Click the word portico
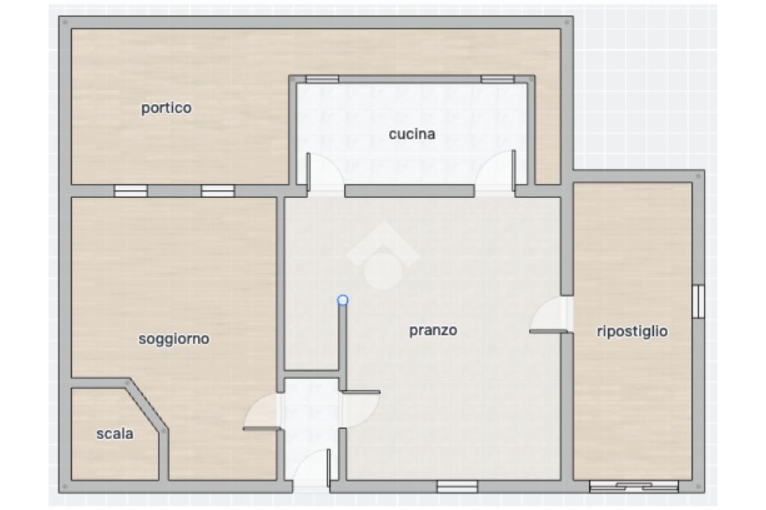(x=166, y=108)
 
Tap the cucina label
(x=412, y=134)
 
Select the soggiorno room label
(x=174, y=339)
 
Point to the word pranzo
(x=433, y=331)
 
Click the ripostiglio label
(x=632, y=331)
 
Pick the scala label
(x=114, y=433)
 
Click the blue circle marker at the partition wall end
(x=343, y=300)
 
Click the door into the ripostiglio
(x=549, y=315)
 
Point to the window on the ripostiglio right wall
(x=699, y=301)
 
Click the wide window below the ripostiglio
(x=634, y=486)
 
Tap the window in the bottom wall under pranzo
(x=457, y=486)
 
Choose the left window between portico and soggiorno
(x=130, y=191)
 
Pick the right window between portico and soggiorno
(x=218, y=191)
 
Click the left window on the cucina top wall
(x=322, y=79)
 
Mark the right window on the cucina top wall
(x=497, y=79)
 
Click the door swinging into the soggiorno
(x=263, y=413)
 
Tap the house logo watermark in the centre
(x=384, y=256)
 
